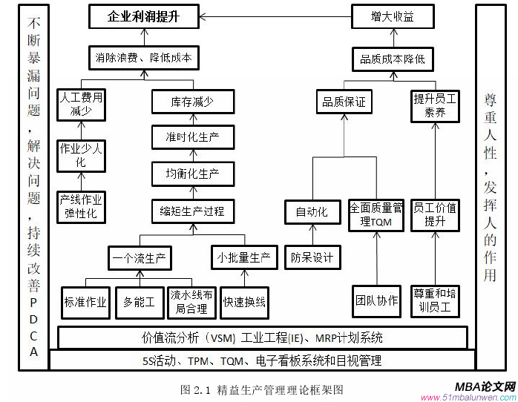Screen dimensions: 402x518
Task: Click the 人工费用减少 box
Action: click(x=81, y=103)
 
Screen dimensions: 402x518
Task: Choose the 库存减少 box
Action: click(x=192, y=102)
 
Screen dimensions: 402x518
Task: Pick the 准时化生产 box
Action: click(x=192, y=136)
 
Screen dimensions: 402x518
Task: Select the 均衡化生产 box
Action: click(x=192, y=174)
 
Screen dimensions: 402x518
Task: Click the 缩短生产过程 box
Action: click(x=192, y=211)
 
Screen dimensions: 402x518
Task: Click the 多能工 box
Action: click(x=139, y=302)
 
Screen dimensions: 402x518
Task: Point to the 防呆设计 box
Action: click(x=312, y=257)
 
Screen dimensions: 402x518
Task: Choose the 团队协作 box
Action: click(x=376, y=300)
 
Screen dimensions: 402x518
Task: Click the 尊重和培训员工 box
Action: click(x=436, y=300)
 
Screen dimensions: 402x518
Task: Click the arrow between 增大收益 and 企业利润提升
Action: click(x=274, y=15)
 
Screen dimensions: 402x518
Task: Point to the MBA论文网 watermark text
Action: click(x=486, y=387)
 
